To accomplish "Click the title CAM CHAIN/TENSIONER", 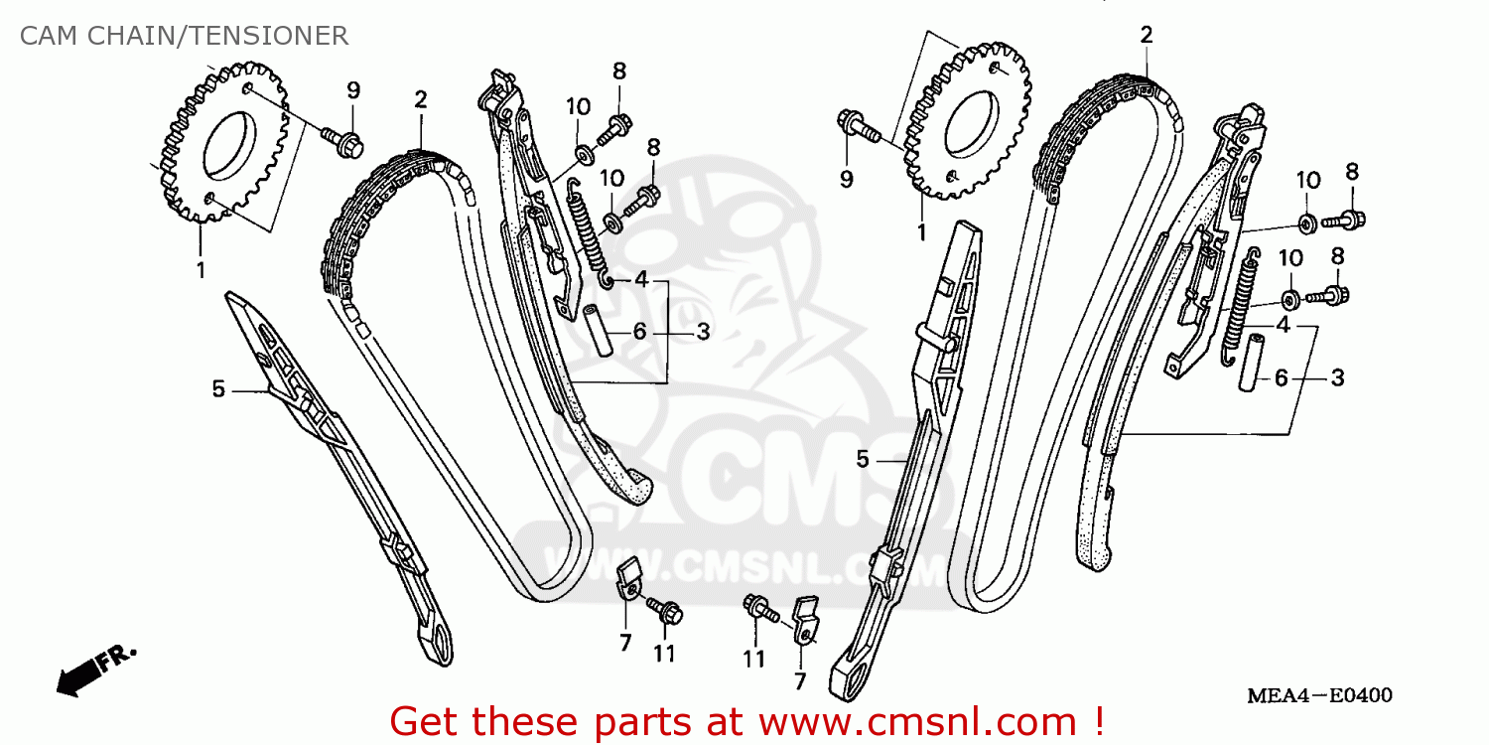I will coord(184,37).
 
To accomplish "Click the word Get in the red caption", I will coord(424,719).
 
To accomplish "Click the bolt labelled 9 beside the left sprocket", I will coord(341,141).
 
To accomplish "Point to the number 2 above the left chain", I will coord(421,99).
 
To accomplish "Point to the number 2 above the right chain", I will coord(1147,36).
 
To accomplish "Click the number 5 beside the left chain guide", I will coord(218,389).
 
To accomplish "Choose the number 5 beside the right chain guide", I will coord(863,459).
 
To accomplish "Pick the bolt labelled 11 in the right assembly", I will coord(761,608).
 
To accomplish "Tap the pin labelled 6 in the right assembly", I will coord(1247,363).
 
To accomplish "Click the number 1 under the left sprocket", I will coord(201,269).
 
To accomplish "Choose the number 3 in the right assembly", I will coord(1337,377).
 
